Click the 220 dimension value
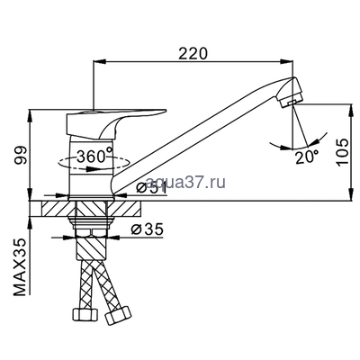(x=193, y=53)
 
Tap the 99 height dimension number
(x=22, y=155)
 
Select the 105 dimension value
(x=342, y=152)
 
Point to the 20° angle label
(x=307, y=157)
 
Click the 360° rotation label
(x=95, y=156)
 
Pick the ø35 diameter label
(x=147, y=229)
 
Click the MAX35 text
(x=21, y=267)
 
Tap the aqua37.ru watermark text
(x=185, y=182)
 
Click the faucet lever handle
(x=116, y=123)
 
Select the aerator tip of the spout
(x=290, y=93)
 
